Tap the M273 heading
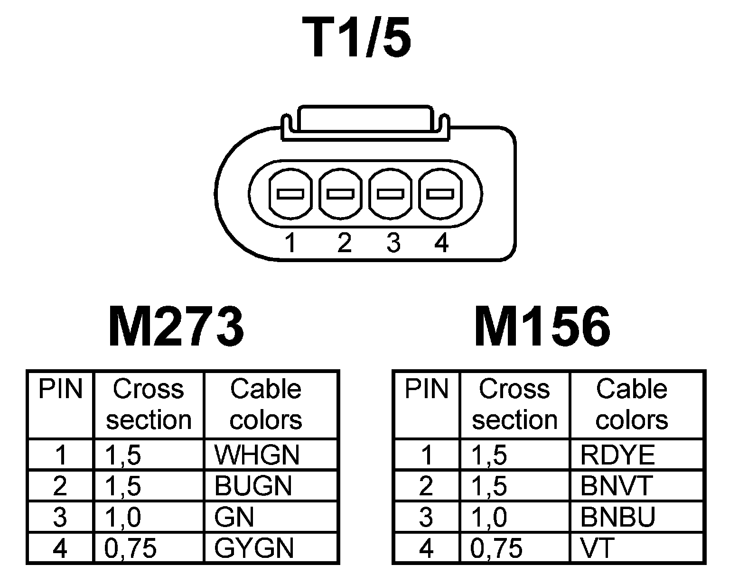point(176,327)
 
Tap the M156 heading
point(542,327)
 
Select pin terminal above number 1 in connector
point(290,194)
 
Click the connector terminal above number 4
point(439,194)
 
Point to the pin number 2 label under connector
point(344,243)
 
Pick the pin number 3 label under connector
point(393,243)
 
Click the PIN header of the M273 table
point(60,390)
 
